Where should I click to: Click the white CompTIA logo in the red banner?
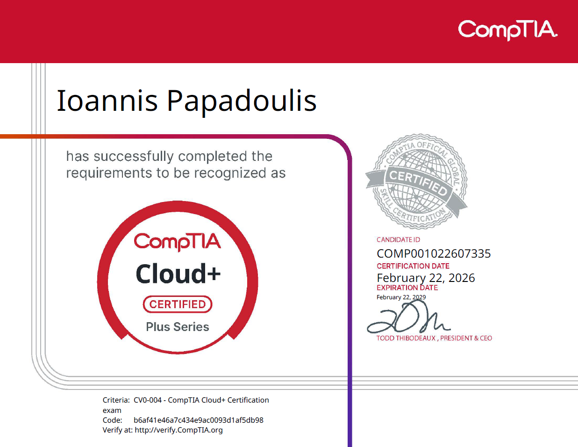[x=507, y=30]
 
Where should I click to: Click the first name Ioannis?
[x=107, y=101]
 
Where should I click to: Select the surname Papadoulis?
[x=242, y=103]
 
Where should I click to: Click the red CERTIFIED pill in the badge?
[x=178, y=304]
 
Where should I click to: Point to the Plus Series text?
[x=178, y=327]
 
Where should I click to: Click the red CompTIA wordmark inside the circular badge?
[x=177, y=242]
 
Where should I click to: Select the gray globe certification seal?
[x=416, y=181]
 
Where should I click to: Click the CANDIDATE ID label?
[x=398, y=240]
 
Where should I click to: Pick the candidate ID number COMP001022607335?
[x=434, y=253]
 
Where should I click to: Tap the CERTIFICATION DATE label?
[x=413, y=266]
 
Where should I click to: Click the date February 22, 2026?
[x=426, y=278]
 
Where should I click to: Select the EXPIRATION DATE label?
[x=407, y=288]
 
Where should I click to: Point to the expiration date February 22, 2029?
[x=401, y=297]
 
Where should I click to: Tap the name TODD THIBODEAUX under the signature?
[x=406, y=338]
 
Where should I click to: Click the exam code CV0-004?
[x=148, y=400]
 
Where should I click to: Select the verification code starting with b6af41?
[x=199, y=420]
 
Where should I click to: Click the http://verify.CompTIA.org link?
[x=179, y=430]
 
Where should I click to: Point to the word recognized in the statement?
[x=230, y=173]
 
